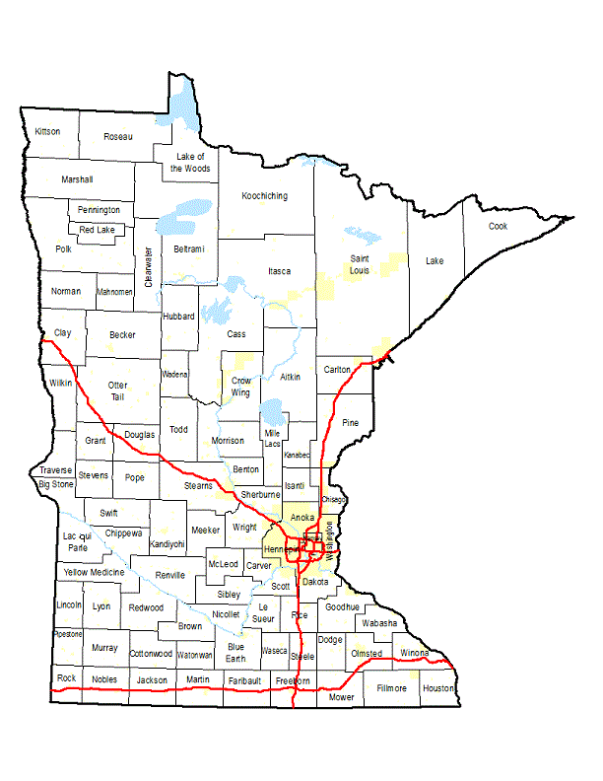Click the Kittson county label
(47, 131)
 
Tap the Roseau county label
(118, 136)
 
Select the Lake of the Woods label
(190, 162)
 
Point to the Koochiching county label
(265, 196)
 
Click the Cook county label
(500, 226)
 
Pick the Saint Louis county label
(360, 264)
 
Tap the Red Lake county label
(99, 230)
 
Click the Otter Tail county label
(118, 390)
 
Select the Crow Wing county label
(241, 386)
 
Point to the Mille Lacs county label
(272, 438)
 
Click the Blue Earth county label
(235, 652)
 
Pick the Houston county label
(437, 688)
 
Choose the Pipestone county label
(68, 634)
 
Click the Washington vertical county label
(329, 541)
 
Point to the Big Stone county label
(55, 484)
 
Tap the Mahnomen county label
(114, 292)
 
